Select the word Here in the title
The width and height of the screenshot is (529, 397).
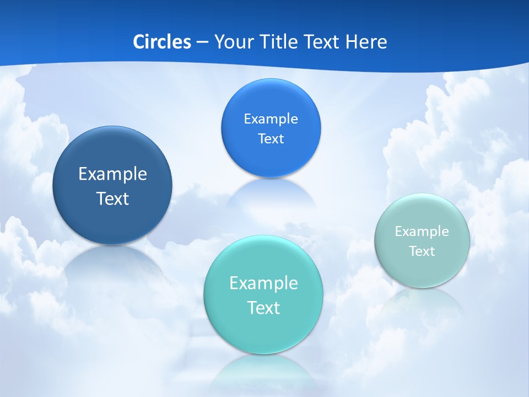366,42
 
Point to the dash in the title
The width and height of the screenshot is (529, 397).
202,42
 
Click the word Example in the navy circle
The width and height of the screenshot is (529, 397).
112,174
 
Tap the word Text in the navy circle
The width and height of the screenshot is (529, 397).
112,198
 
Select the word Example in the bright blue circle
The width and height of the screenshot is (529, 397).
271,119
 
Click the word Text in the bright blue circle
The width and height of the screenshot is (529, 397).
271,139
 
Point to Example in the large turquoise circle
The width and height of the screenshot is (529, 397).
263,283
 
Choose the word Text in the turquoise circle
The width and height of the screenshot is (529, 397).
263,308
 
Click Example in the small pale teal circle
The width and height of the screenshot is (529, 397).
422,232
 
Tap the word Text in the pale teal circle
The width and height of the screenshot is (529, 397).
422,251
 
